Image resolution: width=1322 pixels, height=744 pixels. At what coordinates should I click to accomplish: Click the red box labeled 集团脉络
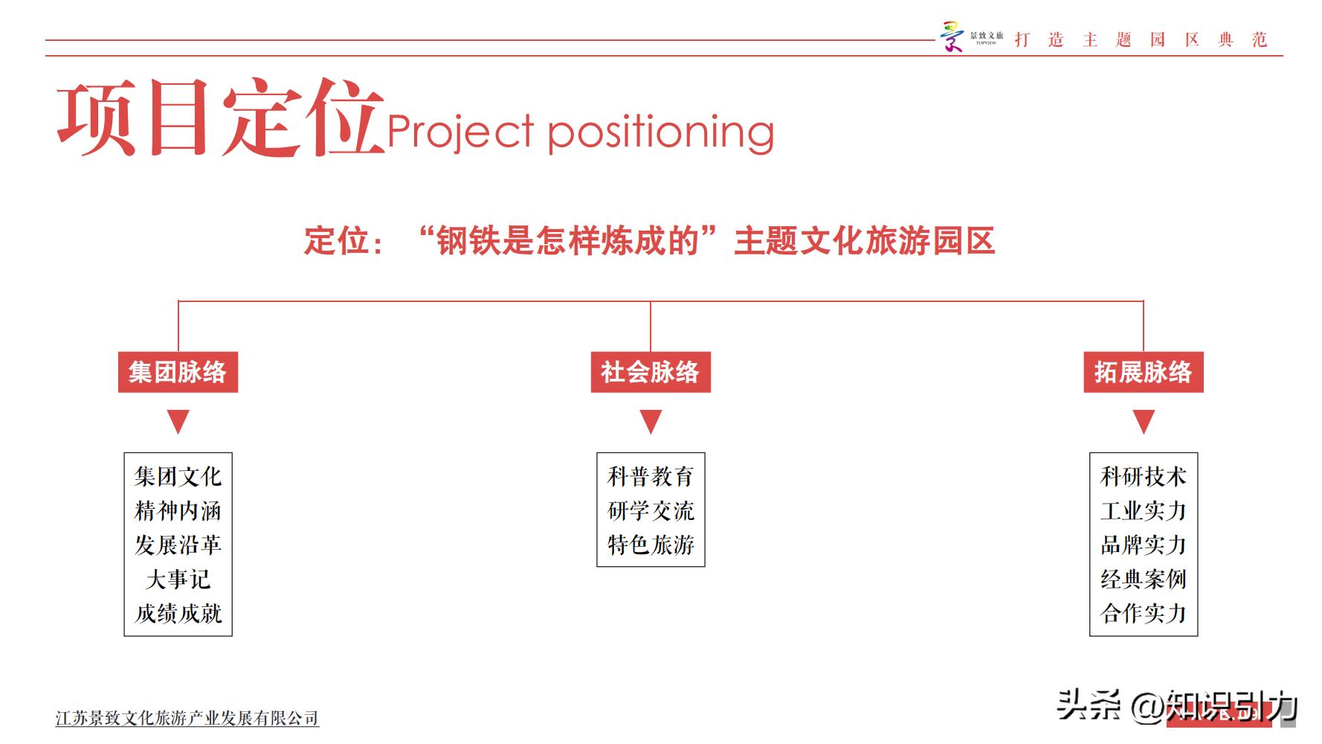coord(178,372)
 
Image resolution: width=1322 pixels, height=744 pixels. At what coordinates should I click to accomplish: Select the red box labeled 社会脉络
coord(651,372)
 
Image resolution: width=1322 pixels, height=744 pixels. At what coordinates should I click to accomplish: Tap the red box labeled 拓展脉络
coord(1143,372)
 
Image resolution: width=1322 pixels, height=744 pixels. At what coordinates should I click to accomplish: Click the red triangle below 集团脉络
coord(178,420)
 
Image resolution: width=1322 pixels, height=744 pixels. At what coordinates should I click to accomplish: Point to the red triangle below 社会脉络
coord(651,420)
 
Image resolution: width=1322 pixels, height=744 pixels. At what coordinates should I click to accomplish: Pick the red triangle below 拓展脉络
coord(1144,420)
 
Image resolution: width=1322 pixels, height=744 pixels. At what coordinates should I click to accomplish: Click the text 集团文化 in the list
coord(178,476)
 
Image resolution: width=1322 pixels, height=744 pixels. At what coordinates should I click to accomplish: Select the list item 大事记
coord(178,579)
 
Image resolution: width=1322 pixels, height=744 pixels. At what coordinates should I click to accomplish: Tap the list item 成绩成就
coord(178,613)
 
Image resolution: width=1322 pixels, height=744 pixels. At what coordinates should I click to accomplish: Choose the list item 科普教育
coord(651,476)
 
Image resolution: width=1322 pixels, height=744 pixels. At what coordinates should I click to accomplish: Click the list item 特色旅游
coord(651,545)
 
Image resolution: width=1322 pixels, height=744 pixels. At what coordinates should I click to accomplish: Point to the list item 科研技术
coord(1144,476)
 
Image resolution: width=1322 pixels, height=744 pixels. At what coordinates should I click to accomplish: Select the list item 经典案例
coord(1144,579)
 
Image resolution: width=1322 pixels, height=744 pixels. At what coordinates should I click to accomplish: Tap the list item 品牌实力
coord(1144,545)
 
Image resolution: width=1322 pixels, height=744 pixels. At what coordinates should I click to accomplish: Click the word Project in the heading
coord(460,132)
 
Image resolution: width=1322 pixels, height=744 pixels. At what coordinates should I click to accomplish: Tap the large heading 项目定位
coord(220,119)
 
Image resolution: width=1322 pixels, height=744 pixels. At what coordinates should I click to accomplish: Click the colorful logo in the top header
coord(952,37)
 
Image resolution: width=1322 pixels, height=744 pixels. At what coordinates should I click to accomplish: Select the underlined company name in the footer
coord(187,718)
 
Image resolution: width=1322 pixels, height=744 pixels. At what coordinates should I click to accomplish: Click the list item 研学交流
coord(651,510)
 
